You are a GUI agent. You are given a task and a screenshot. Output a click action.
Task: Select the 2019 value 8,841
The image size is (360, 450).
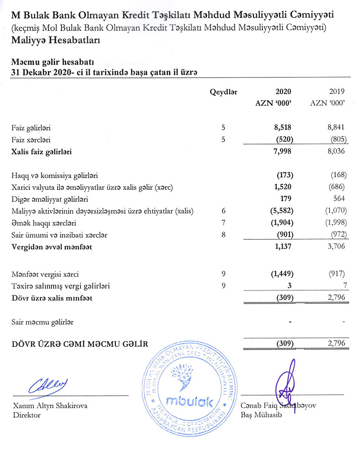336,128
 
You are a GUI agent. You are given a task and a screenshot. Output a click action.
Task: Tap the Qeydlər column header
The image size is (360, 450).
224,92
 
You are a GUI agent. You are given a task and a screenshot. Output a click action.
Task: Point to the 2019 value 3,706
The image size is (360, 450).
336,247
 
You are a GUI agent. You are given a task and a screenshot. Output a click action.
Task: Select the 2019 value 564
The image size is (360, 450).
339,199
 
